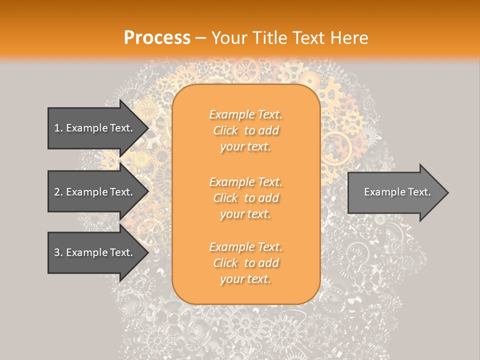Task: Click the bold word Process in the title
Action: [x=157, y=38]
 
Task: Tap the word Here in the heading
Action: [x=349, y=38]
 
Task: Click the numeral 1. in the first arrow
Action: [x=58, y=128]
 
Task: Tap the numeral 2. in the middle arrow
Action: [x=58, y=192]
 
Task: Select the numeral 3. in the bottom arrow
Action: [x=58, y=252]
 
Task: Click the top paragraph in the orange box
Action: [x=245, y=130]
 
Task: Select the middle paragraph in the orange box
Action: [x=245, y=198]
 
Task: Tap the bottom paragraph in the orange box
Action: [x=245, y=263]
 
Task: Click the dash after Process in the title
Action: [x=201, y=38]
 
